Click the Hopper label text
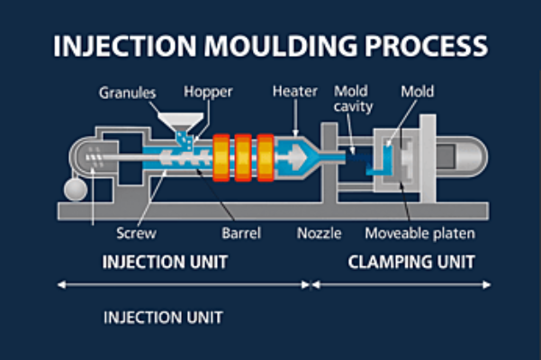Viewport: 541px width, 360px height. point(207,92)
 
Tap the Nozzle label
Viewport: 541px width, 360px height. point(320,233)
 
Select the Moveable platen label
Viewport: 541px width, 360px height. point(419,233)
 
